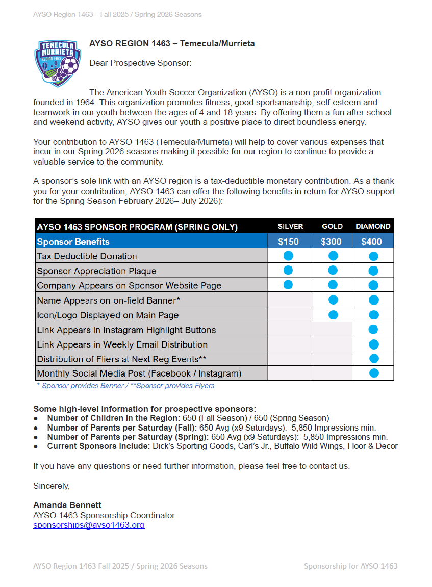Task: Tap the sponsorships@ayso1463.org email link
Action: pyautogui.click(x=89, y=525)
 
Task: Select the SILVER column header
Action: pyautogui.click(x=290, y=226)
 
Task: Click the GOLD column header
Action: pyautogui.click(x=333, y=226)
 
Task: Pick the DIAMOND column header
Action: pyautogui.click(x=373, y=226)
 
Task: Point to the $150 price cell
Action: pyautogui.click(x=289, y=242)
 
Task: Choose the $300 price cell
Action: pyautogui.click(x=332, y=242)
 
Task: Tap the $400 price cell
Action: pyautogui.click(x=372, y=242)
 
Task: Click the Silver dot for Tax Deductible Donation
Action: pyautogui.click(x=288, y=256)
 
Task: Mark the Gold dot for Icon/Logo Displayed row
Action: pyautogui.click(x=333, y=315)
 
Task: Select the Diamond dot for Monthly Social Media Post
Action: pyautogui.click(x=374, y=373)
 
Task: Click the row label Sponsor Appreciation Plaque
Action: pyautogui.click(x=97, y=271)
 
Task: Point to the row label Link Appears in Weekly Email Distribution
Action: pyautogui.click(x=122, y=344)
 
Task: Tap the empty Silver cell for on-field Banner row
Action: pyautogui.click(x=290, y=300)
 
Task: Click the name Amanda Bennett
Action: pyautogui.click(x=67, y=505)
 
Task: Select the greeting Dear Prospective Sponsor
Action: pyautogui.click(x=140, y=63)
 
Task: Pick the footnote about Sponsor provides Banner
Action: pyautogui.click(x=125, y=386)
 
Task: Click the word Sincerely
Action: pyautogui.click(x=52, y=486)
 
